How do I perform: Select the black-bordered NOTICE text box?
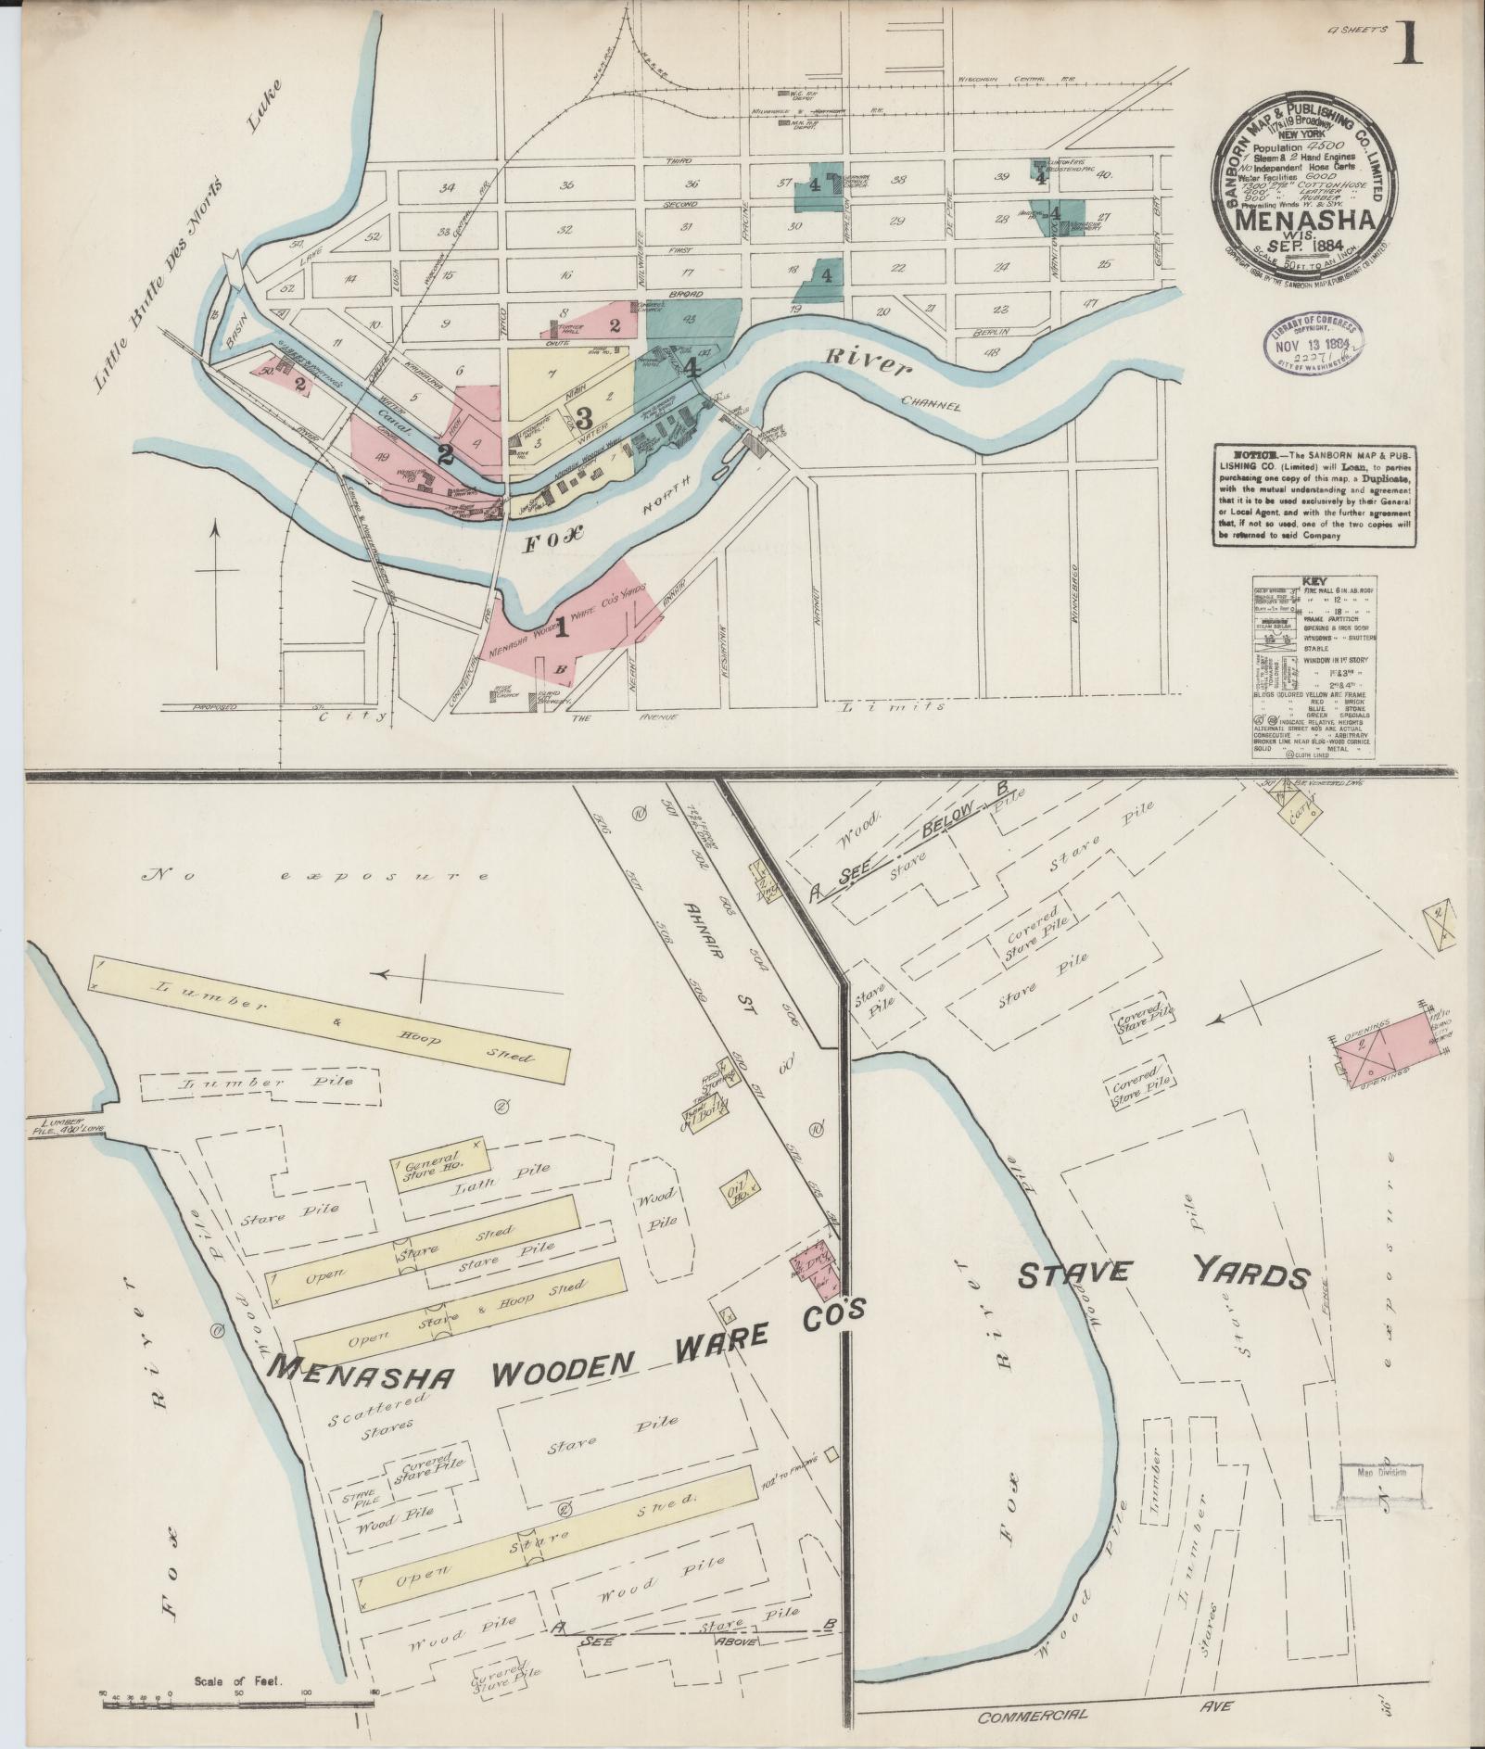1313,495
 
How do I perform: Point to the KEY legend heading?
1313,576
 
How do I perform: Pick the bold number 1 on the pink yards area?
560,629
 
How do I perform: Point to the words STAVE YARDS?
1163,1276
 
